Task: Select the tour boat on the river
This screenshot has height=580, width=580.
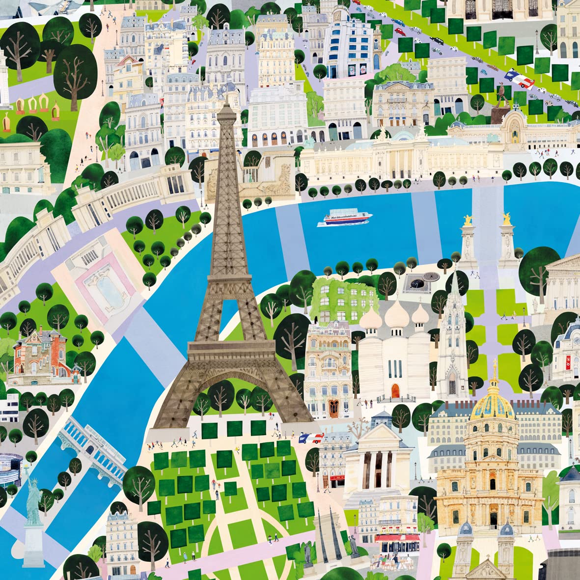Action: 345,218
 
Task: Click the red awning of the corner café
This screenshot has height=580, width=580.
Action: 397,537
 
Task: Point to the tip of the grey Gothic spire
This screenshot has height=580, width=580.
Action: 456,272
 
